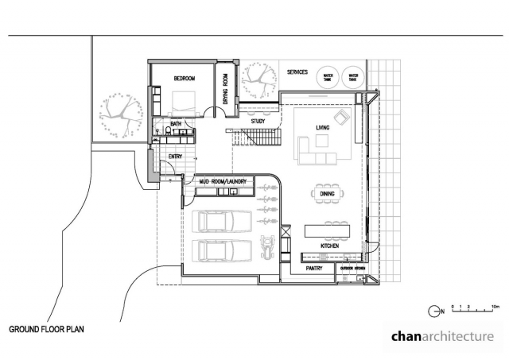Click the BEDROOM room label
[x=185, y=79]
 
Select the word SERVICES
[x=297, y=72]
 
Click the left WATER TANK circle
[x=327, y=78]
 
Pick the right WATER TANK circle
[x=352, y=78]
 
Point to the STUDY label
[x=258, y=122]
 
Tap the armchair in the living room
[x=342, y=118]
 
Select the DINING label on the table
[x=327, y=192]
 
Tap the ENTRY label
[x=176, y=157]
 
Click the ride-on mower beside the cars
[x=269, y=246]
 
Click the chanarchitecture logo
[x=442, y=336]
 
